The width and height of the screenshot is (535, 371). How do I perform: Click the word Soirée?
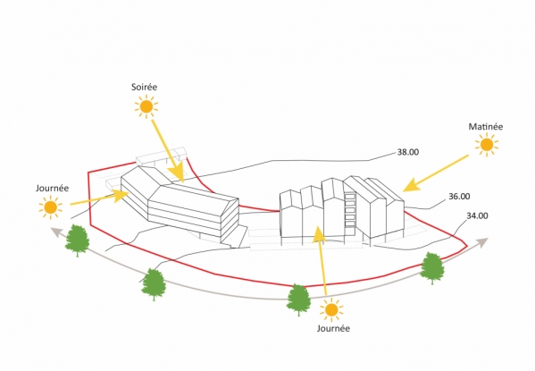click(145, 87)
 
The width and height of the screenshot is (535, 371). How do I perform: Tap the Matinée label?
click(486, 127)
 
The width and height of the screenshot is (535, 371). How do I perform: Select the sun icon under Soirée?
click(146, 107)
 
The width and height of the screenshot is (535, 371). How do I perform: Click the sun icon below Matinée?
click(487, 145)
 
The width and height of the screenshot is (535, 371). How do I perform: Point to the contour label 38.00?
click(408, 152)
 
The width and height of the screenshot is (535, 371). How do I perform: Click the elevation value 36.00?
click(459, 197)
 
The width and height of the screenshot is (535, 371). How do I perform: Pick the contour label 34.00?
click(477, 216)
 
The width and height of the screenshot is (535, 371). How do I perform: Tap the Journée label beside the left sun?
click(52, 189)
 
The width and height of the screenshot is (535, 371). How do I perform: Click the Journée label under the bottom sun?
click(333, 328)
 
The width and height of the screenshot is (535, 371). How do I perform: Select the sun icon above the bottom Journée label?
click(331, 310)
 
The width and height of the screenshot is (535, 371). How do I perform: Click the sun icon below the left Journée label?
click(51, 207)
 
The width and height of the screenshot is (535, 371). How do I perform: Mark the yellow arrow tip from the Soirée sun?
click(183, 181)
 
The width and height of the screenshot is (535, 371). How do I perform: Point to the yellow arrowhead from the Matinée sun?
click(404, 190)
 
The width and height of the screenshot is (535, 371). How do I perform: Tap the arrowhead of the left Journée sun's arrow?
click(129, 193)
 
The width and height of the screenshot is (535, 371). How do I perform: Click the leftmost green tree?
click(78, 240)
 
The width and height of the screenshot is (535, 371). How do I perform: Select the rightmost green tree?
click(432, 268)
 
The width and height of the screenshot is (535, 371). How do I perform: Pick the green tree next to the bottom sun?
click(298, 299)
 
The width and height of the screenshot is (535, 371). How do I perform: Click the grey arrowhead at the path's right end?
click(488, 239)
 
